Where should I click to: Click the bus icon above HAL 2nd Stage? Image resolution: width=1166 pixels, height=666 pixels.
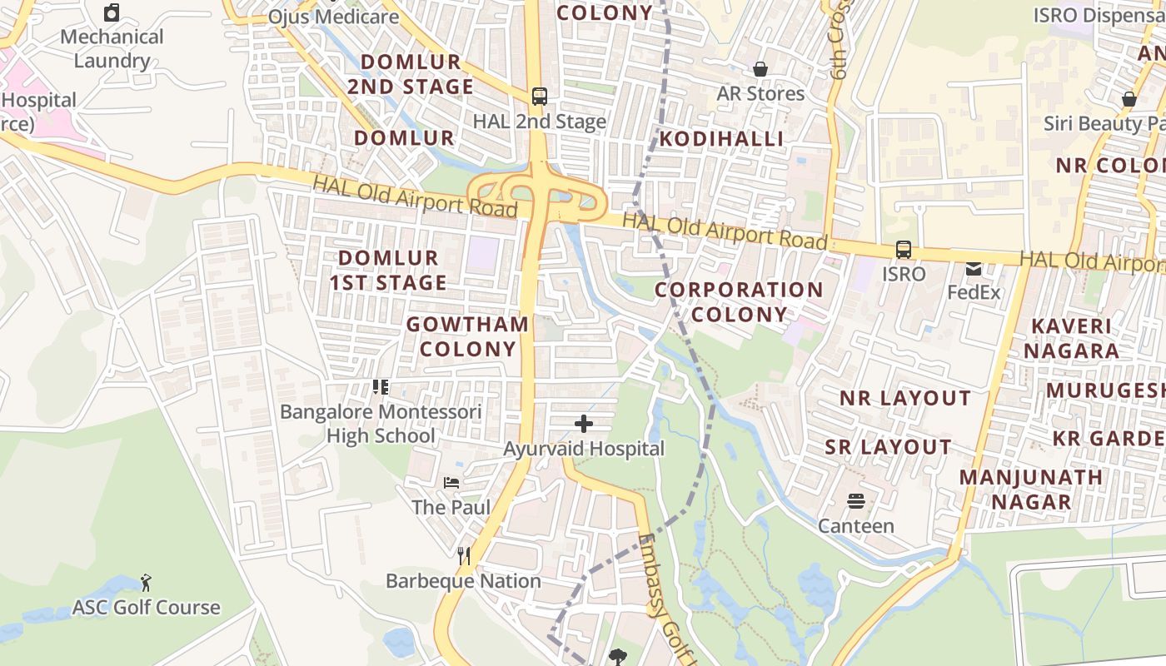click(540, 96)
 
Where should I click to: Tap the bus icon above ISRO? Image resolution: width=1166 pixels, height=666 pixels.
click(904, 249)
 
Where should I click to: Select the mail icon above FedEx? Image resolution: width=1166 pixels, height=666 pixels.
click(973, 268)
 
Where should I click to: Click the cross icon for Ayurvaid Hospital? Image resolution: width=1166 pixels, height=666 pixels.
click(584, 424)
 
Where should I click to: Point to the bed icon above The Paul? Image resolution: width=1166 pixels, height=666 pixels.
click(451, 482)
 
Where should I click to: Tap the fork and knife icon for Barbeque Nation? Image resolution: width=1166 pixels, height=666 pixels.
click(464, 555)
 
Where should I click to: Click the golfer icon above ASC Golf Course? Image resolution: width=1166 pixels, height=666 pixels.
click(146, 581)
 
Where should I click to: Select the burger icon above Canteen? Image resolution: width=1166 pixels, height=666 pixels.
click(856, 500)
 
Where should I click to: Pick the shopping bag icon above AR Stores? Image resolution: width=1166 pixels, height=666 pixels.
click(760, 68)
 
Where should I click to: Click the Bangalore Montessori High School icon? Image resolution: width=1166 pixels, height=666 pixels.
click(381, 386)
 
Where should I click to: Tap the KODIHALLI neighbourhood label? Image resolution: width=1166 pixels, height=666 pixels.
click(722, 139)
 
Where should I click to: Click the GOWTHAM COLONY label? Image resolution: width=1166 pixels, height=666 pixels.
click(468, 336)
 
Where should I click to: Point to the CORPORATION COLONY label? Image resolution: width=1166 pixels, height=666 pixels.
click(739, 302)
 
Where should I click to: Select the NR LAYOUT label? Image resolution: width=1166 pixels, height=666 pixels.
click(905, 398)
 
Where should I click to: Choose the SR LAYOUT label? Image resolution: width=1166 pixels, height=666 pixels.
click(888, 447)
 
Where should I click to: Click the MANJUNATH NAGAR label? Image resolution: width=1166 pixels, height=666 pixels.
click(1031, 490)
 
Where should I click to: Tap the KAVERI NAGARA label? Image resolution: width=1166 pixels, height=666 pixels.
click(1072, 338)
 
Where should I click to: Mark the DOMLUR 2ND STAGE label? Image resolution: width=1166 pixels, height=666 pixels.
click(411, 74)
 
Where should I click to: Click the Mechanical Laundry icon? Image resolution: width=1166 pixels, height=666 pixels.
click(112, 12)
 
